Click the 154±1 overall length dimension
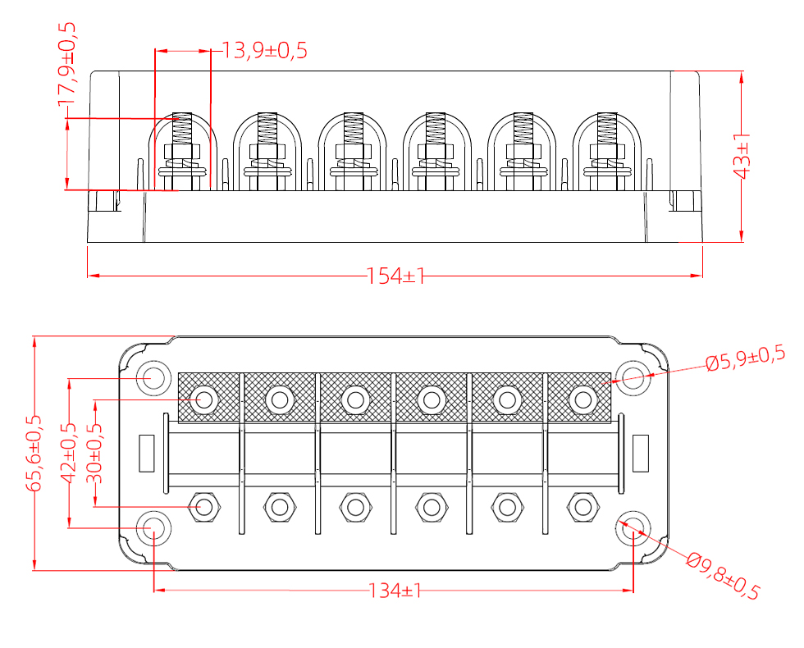(x=395, y=276)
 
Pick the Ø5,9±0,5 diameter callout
(x=745, y=358)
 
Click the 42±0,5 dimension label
(x=69, y=453)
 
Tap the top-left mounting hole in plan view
(x=153, y=378)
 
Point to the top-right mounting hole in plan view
(x=632, y=378)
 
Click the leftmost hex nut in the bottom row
(x=203, y=507)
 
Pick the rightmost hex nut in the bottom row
(x=582, y=507)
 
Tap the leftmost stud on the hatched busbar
(x=203, y=400)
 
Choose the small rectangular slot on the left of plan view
(x=147, y=453)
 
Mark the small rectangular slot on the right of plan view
(x=641, y=453)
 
